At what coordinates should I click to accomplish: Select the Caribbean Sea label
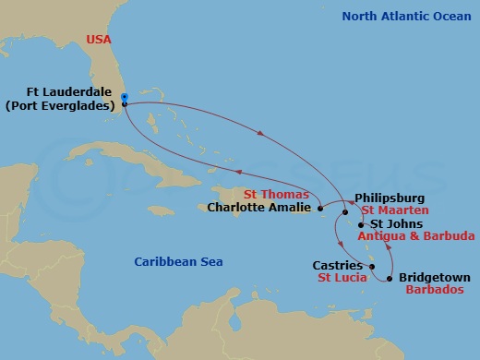(x=178, y=262)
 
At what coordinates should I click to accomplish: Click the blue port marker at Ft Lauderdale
(x=124, y=96)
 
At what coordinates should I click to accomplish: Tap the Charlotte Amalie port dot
(x=320, y=210)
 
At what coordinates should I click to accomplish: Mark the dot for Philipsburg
(x=345, y=213)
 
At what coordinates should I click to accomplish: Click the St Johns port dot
(x=361, y=224)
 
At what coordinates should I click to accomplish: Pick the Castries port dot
(x=372, y=268)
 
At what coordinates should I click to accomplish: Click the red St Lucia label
(x=339, y=278)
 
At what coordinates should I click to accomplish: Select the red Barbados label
(x=432, y=289)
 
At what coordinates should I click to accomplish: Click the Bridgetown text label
(x=434, y=277)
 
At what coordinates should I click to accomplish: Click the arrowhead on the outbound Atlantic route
(x=261, y=135)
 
